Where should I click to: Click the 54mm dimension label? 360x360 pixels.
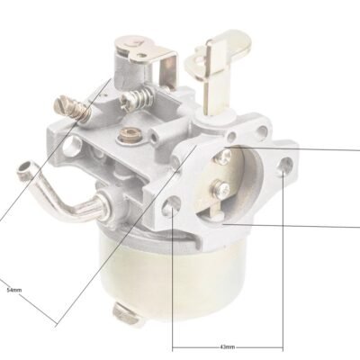coord(14,290)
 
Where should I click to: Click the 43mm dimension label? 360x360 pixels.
coord(228,346)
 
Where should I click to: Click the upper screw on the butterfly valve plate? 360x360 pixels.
coord(224,155)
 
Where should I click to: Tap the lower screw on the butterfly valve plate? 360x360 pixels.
coord(220,189)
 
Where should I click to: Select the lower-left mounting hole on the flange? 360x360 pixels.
coord(172,204)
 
